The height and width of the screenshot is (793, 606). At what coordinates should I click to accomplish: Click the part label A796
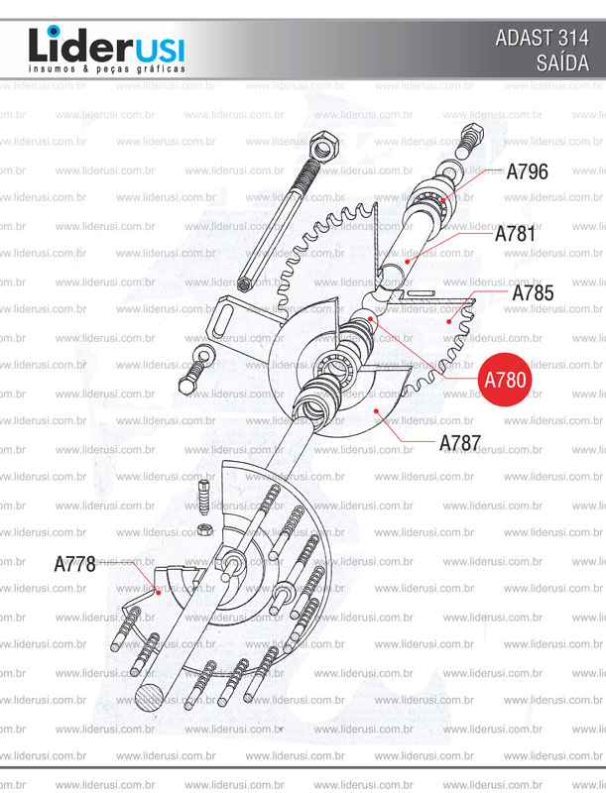coord(527,171)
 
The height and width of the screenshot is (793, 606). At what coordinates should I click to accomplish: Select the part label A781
coord(515,235)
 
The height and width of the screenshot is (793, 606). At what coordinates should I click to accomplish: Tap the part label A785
coord(533,293)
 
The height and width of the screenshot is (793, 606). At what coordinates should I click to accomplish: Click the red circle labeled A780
coord(506,379)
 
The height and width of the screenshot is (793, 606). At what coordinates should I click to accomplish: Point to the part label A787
coord(460,442)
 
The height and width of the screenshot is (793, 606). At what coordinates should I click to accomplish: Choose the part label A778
coord(74,564)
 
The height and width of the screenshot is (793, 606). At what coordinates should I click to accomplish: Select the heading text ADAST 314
coord(542,39)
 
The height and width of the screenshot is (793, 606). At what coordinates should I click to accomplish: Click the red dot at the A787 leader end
coord(375,408)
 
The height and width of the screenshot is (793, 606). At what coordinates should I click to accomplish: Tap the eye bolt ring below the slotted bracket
coord(201,355)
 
